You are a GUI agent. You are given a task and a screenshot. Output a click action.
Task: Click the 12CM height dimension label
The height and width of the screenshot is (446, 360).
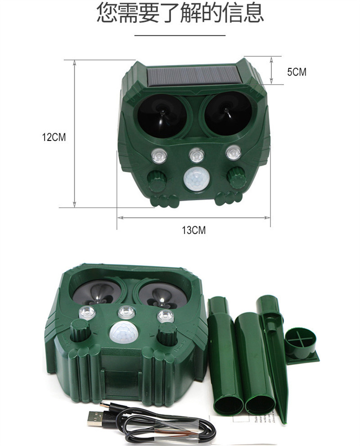[54, 137]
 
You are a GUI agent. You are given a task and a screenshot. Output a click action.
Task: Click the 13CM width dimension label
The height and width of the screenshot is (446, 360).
[193, 230]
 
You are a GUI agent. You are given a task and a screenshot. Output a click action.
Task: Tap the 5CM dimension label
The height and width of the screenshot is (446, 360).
[297, 72]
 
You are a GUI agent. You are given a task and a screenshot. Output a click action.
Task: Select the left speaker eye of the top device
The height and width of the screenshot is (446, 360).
[162, 115]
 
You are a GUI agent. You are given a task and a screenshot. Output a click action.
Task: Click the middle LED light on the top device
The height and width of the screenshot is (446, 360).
[197, 155]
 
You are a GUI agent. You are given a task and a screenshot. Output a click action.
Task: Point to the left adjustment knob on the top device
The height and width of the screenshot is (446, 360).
[157, 180]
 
